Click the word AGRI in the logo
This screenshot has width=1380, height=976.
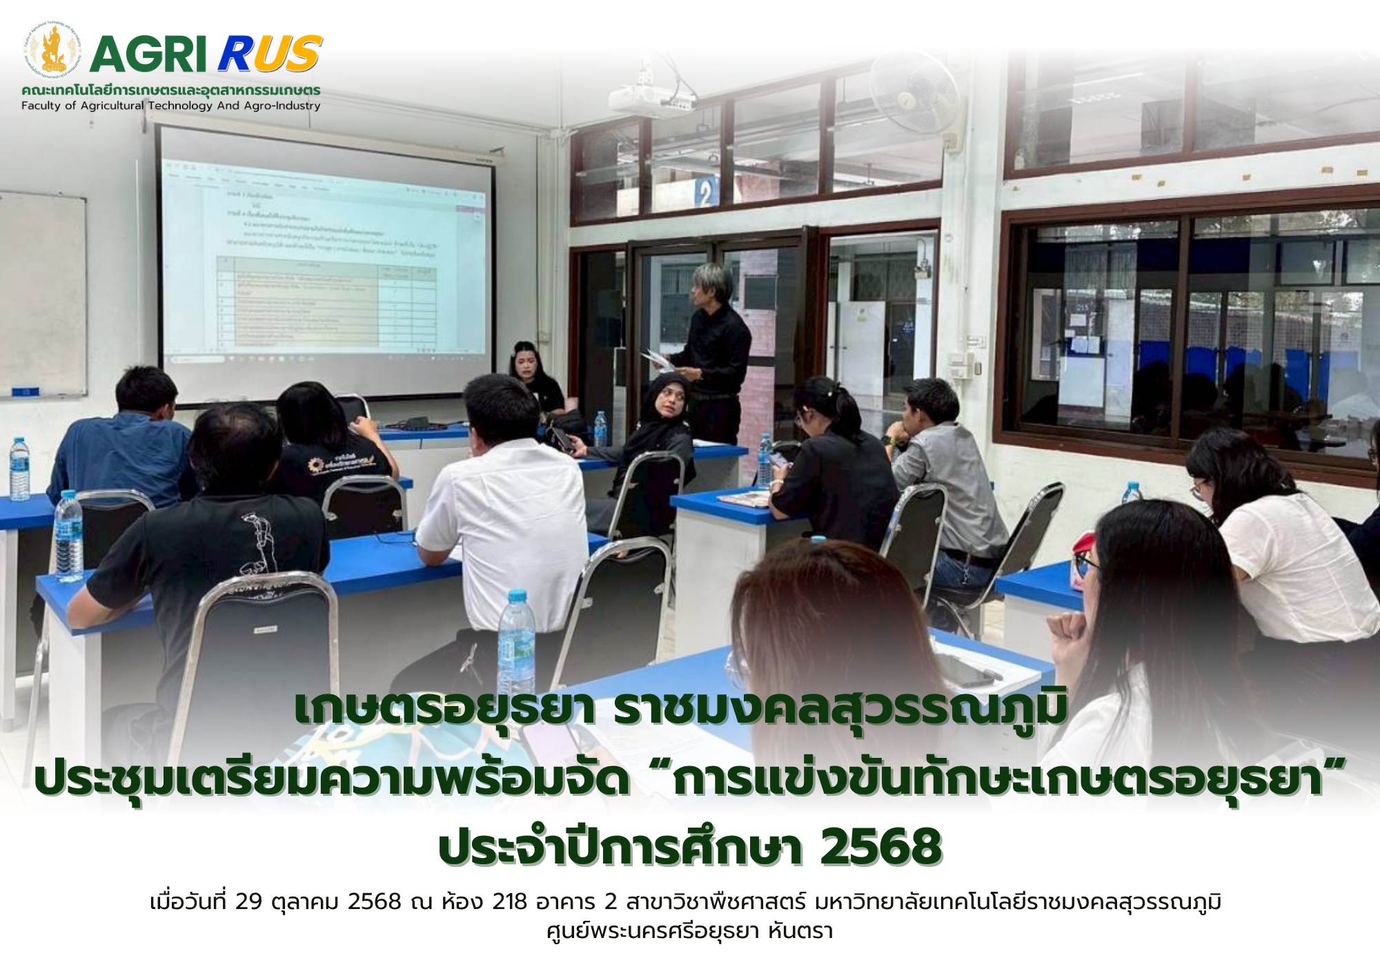pyautogui.click(x=148, y=55)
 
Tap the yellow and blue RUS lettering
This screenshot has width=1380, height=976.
pyautogui.click(x=270, y=55)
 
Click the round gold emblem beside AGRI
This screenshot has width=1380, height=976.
pyautogui.click(x=52, y=50)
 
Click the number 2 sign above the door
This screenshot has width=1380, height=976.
pyautogui.click(x=704, y=193)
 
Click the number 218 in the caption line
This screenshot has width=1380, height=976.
pyautogui.click(x=509, y=902)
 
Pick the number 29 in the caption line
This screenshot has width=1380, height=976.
pyautogui.click(x=249, y=902)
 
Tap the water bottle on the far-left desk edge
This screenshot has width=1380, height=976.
pyautogui.click(x=19, y=469)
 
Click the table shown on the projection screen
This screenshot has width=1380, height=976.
pyautogui.click(x=326, y=301)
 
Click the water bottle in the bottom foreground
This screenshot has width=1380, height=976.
pyautogui.click(x=516, y=642)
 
